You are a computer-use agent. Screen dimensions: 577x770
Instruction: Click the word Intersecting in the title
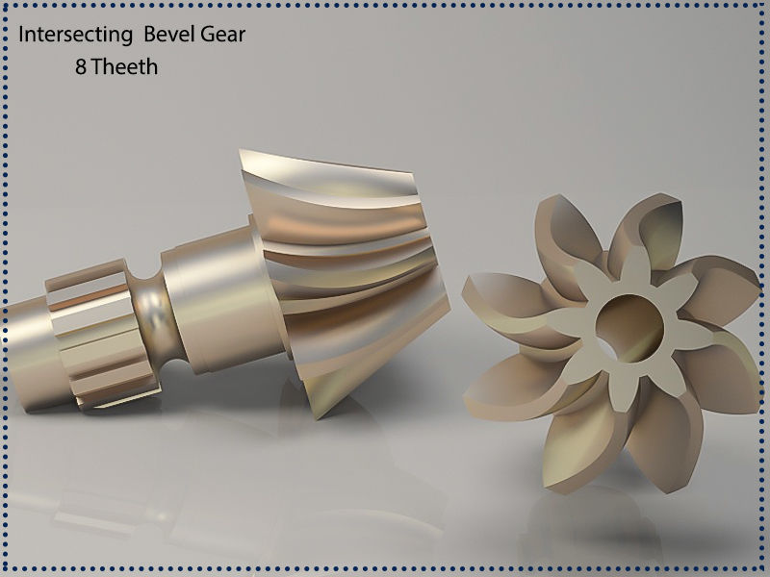click(75, 36)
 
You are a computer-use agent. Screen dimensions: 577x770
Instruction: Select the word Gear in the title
click(222, 36)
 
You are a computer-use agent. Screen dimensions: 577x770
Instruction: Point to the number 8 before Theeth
click(80, 68)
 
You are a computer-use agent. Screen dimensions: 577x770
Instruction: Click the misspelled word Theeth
click(124, 68)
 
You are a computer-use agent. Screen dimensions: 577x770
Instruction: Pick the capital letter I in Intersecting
click(22, 36)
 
